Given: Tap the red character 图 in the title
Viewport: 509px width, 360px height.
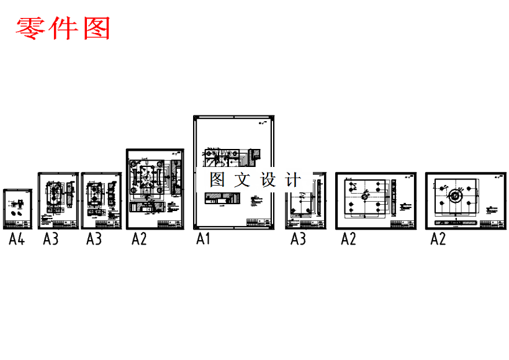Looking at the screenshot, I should (96, 28).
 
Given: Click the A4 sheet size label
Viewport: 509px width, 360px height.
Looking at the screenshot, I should (16, 239).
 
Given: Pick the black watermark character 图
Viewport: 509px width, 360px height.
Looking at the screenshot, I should (217, 181).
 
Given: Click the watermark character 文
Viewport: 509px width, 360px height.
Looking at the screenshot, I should (242, 181).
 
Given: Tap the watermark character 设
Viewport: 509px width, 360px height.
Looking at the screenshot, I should (268, 181).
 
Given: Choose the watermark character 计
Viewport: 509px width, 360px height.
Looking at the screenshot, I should (292, 181).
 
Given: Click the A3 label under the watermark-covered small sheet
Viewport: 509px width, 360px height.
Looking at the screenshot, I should (299, 239).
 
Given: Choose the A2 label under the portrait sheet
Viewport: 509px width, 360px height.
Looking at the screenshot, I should (139, 239).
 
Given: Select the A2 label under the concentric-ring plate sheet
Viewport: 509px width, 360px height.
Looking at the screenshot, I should (438, 239).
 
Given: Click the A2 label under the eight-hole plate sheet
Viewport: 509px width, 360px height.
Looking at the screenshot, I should (348, 239).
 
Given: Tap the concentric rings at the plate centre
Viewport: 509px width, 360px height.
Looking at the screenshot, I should (454, 197).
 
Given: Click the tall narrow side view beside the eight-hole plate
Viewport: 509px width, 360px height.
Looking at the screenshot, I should (393, 198).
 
